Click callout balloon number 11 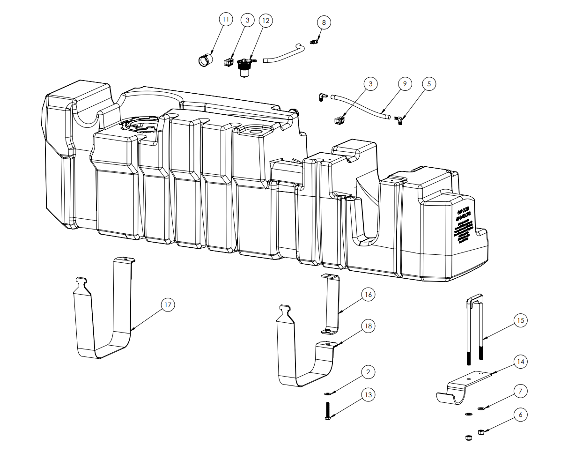coord(226,19)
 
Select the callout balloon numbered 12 coord(266,21)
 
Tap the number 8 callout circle coord(324,22)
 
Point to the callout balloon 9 coord(405,84)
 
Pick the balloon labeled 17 coord(168,305)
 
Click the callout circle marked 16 coord(368,295)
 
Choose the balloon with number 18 coord(369,326)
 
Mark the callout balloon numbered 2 coord(368,372)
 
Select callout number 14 coord(520,362)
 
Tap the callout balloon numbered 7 coord(520,391)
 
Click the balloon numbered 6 coord(520,415)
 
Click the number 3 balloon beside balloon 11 coord(247,20)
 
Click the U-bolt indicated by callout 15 coord(474,328)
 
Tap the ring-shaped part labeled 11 coord(204,60)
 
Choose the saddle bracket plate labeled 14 coord(464,386)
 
